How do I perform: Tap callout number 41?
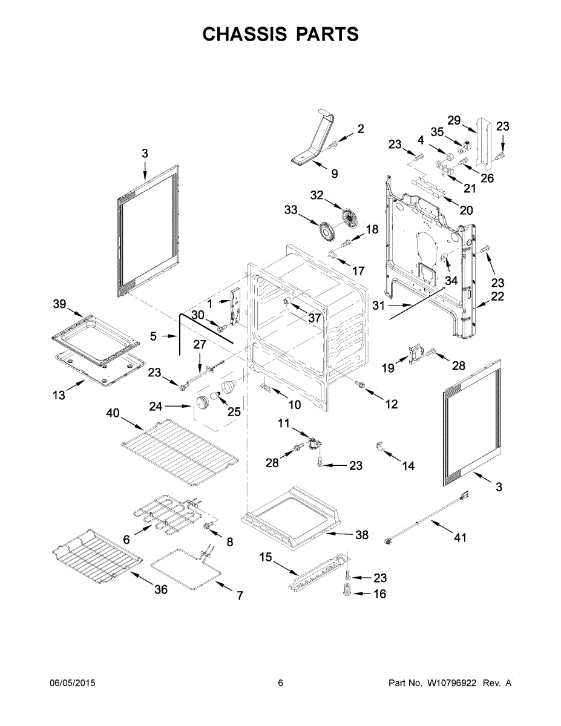coord(461,538)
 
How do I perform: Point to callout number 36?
coord(160,589)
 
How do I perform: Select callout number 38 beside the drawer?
coord(362,535)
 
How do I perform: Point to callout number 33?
coord(291,210)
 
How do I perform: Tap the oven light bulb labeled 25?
coord(230,386)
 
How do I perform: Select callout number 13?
coord(58,395)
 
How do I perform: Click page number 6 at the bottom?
coord(280,683)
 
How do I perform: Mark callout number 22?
coord(497,296)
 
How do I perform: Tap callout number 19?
coord(388,368)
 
